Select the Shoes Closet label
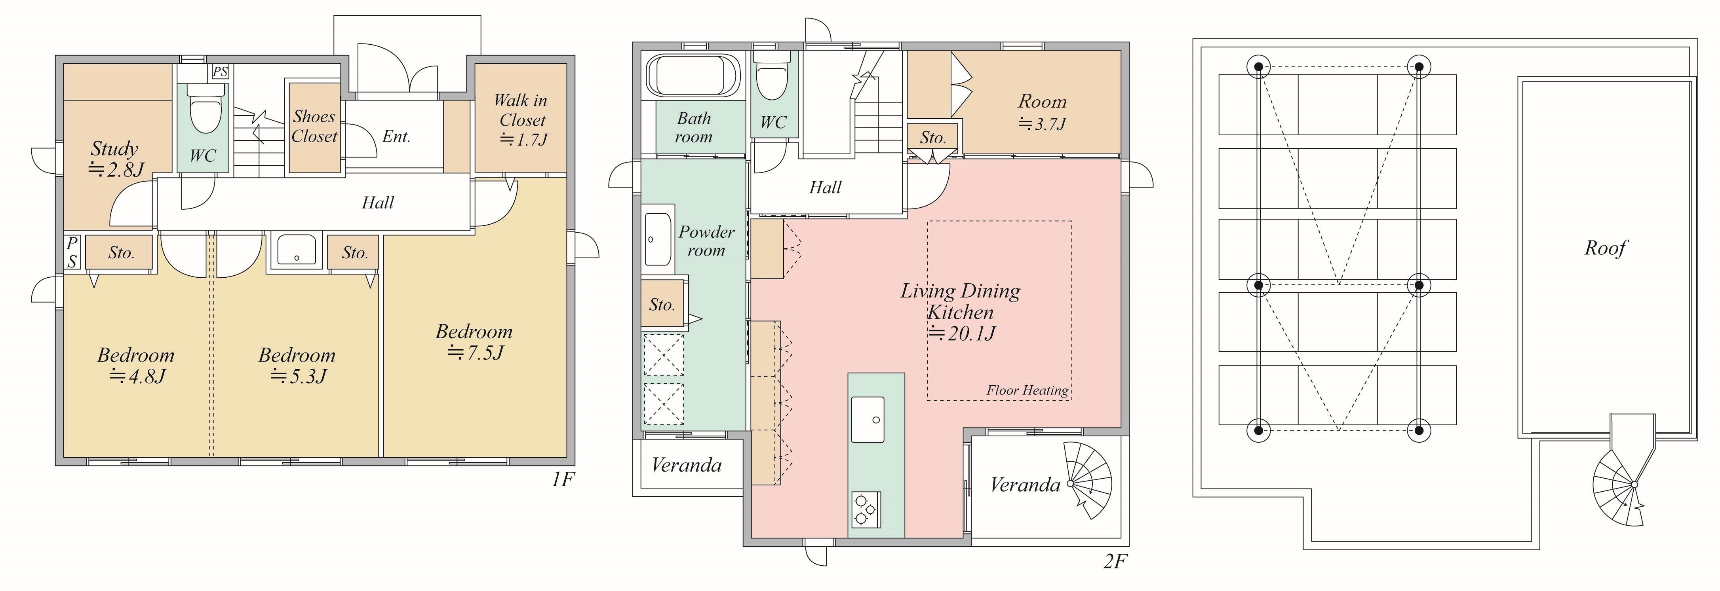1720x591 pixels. pyautogui.click(x=314, y=126)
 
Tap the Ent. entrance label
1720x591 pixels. pyautogui.click(x=397, y=137)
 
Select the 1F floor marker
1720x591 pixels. pyautogui.click(x=563, y=479)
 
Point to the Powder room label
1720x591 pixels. pyautogui.click(x=706, y=241)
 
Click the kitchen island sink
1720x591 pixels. pyautogui.click(x=868, y=419)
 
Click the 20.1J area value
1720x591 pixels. pyautogui.click(x=961, y=333)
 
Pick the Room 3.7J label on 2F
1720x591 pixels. pyautogui.click(x=1042, y=112)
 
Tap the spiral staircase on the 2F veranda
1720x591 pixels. pyautogui.click(x=1088, y=479)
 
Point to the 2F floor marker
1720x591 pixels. pyautogui.click(x=1116, y=562)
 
